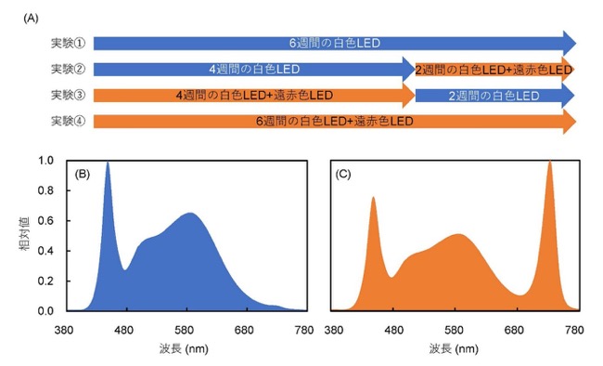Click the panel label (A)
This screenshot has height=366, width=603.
[x=31, y=18]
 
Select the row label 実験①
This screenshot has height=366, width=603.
[x=68, y=43]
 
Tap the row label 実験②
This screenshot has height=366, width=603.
[x=68, y=69]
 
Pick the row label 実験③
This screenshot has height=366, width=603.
[x=68, y=95]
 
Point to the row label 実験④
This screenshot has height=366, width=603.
[x=68, y=121]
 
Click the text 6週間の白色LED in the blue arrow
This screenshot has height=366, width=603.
[x=335, y=43]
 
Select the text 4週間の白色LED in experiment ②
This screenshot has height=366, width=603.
[x=254, y=70]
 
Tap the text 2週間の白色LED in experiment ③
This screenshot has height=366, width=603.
[x=494, y=96]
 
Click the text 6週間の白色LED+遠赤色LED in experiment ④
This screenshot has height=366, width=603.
[x=335, y=122]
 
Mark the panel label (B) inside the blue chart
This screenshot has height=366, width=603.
[x=82, y=174]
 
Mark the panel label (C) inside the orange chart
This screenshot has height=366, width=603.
[x=343, y=174]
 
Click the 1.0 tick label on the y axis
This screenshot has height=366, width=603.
[x=45, y=161]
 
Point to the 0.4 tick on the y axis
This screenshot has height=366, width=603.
[x=45, y=251]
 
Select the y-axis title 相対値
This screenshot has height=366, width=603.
[x=25, y=234]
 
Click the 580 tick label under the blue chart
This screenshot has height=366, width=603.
[x=186, y=330]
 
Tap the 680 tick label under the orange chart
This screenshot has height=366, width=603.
[x=514, y=330]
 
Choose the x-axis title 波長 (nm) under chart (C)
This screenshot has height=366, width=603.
[x=454, y=348]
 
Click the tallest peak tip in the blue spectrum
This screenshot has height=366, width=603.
[x=108, y=163]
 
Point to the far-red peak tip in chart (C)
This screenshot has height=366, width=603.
[x=550, y=162]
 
